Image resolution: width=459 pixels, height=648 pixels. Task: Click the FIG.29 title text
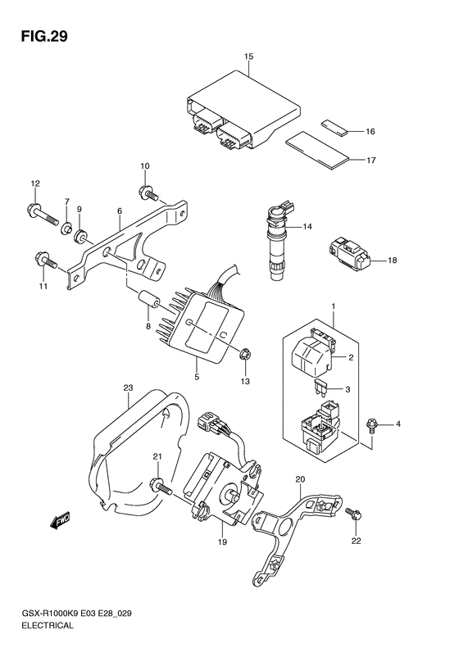tap(44, 36)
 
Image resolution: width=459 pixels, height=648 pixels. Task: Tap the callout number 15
tap(248, 57)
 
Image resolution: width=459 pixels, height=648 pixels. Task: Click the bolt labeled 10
tap(148, 193)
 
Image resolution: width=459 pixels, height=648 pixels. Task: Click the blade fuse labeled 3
tap(320, 387)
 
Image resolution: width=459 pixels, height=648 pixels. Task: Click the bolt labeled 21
tap(162, 486)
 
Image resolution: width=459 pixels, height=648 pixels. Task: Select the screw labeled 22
tap(354, 514)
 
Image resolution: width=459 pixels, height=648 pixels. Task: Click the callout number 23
tap(128, 388)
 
